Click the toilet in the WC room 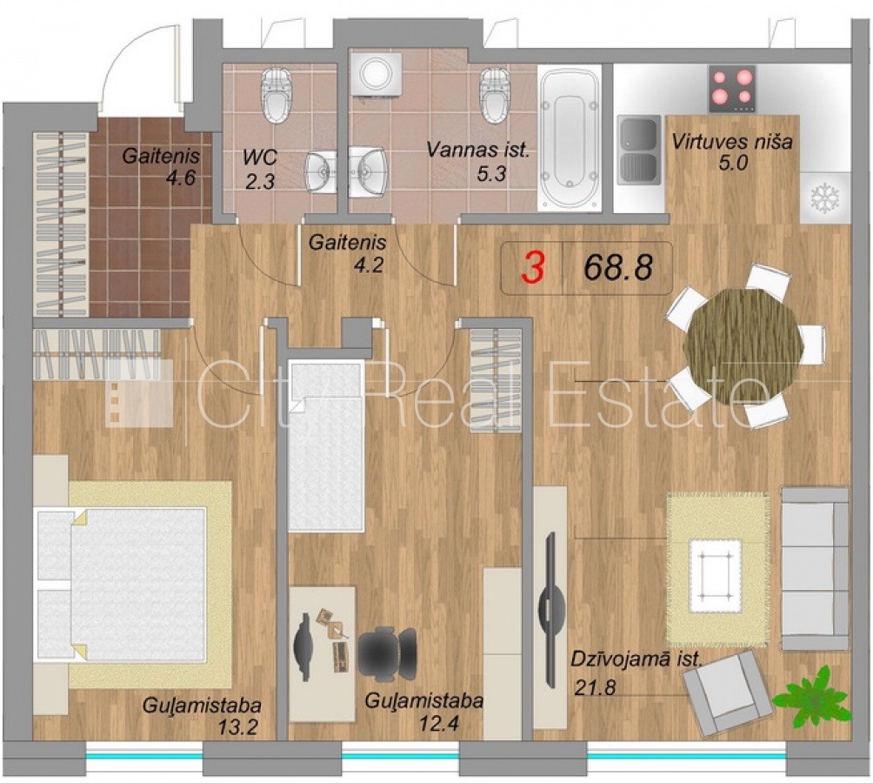click(277, 95)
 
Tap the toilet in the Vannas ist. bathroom click(495, 95)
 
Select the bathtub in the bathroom click(569, 139)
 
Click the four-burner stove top click(731, 88)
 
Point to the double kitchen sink click(639, 150)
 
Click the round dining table click(743, 346)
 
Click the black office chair click(388, 653)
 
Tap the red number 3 click(533, 267)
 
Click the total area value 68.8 click(618, 267)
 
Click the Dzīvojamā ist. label click(636, 659)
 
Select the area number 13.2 click(237, 726)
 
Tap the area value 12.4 click(439, 724)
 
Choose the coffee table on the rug click(716, 575)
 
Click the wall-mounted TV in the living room click(551, 610)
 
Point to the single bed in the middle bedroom click(326, 445)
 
